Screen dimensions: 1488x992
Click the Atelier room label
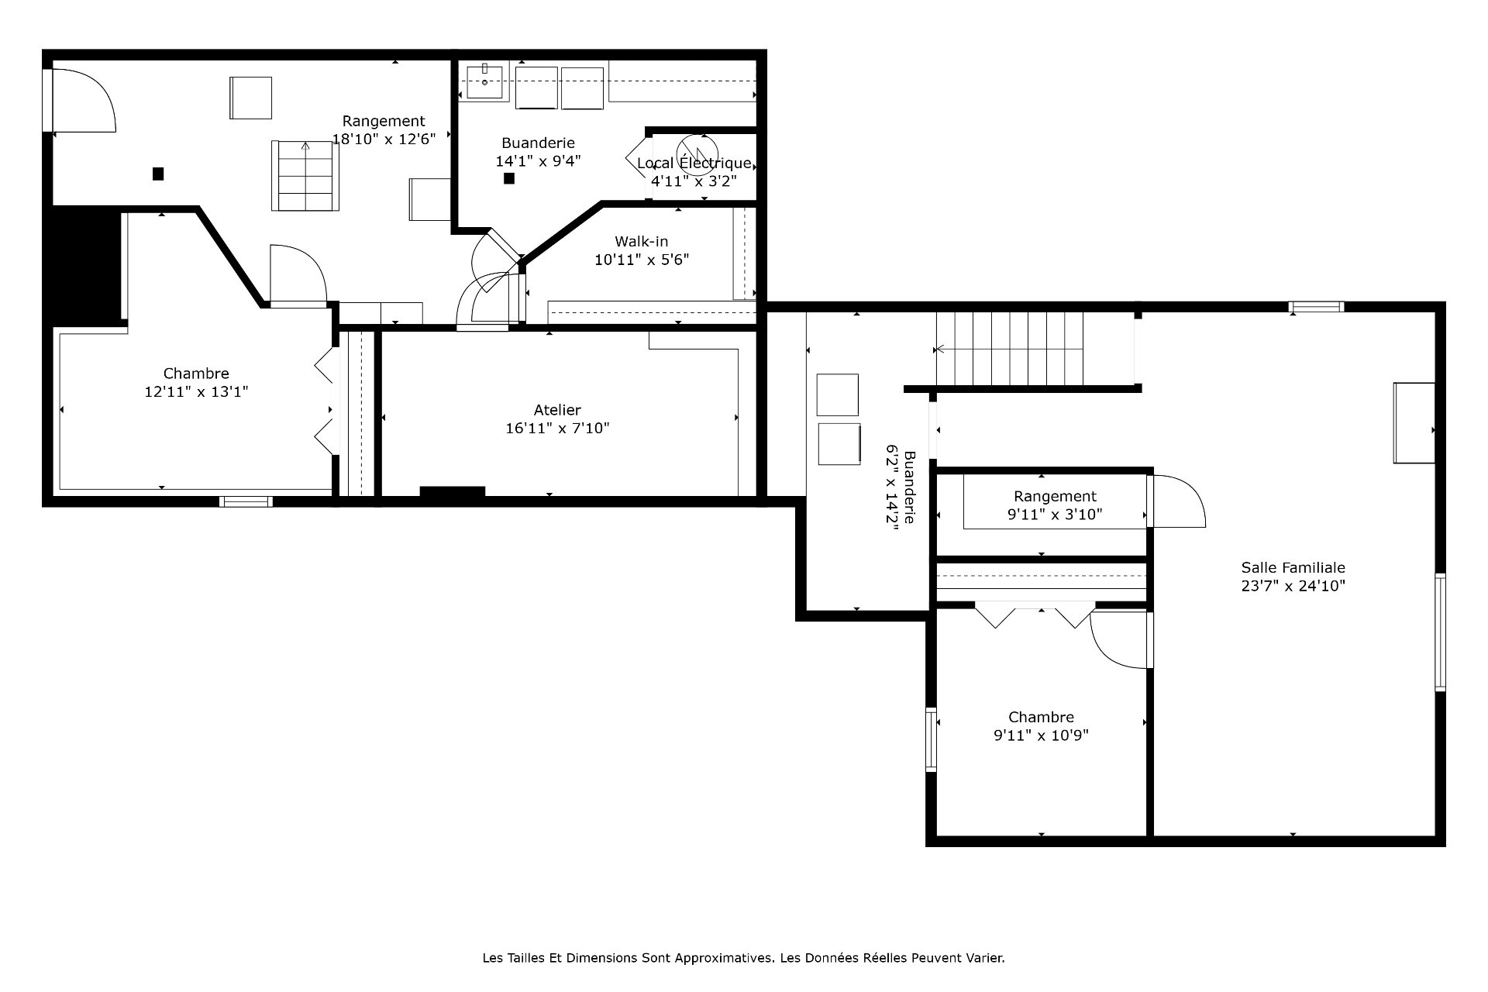pos(557,410)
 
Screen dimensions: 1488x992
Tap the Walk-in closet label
pos(642,242)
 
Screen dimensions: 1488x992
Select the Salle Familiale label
pos(1293,567)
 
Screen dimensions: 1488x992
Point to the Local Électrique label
pos(694,163)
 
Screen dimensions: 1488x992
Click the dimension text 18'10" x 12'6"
pos(384,139)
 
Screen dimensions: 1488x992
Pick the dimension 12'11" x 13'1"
pos(196,392)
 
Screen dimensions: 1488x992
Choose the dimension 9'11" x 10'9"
pos(1041,735)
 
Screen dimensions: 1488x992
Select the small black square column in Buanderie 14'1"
pos(509,178)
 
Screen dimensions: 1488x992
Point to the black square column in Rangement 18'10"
pos(158,174)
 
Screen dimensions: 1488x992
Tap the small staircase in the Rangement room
pos(305,176)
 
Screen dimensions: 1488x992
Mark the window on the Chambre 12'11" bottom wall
pos(246,501)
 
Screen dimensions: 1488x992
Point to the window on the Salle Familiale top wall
pos(1316,307)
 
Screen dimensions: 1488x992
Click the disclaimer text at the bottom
pos(744,958)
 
